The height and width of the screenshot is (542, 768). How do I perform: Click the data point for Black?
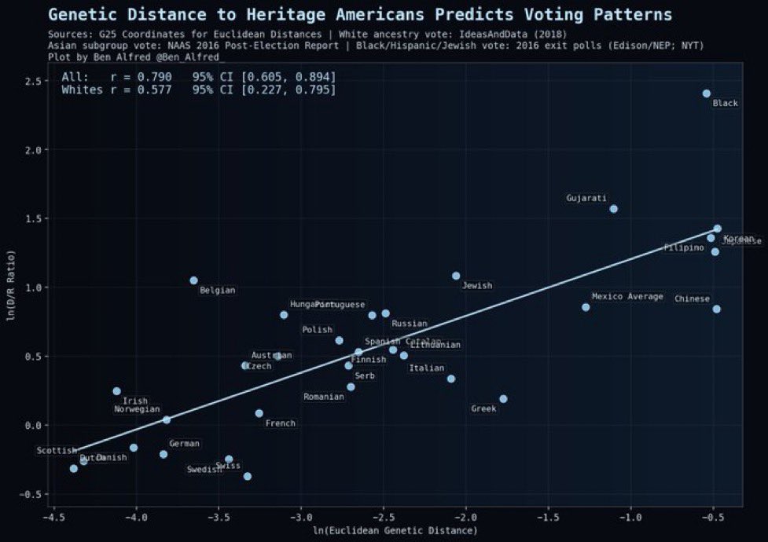(706, 93)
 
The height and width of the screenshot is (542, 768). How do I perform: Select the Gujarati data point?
(614, 209)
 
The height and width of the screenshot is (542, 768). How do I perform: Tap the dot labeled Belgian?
(193, 280)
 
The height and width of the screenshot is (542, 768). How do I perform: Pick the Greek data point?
(503, 399)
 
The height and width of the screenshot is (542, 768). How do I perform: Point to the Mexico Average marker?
(586, 307)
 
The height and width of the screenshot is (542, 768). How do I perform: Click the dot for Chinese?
(716, 309)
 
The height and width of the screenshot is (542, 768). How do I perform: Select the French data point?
(259, 413)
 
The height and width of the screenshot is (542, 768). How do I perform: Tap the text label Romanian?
(324, 397)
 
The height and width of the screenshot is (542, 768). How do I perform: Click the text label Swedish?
(204, 470)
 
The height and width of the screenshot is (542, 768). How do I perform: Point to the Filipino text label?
(684, 247)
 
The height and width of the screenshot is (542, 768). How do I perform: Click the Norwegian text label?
(137, 409)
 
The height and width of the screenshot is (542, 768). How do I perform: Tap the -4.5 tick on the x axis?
(53, 518)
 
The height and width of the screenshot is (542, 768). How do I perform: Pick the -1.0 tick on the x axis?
(630, 518)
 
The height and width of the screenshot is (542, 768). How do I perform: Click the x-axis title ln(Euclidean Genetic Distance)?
(395, 532)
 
